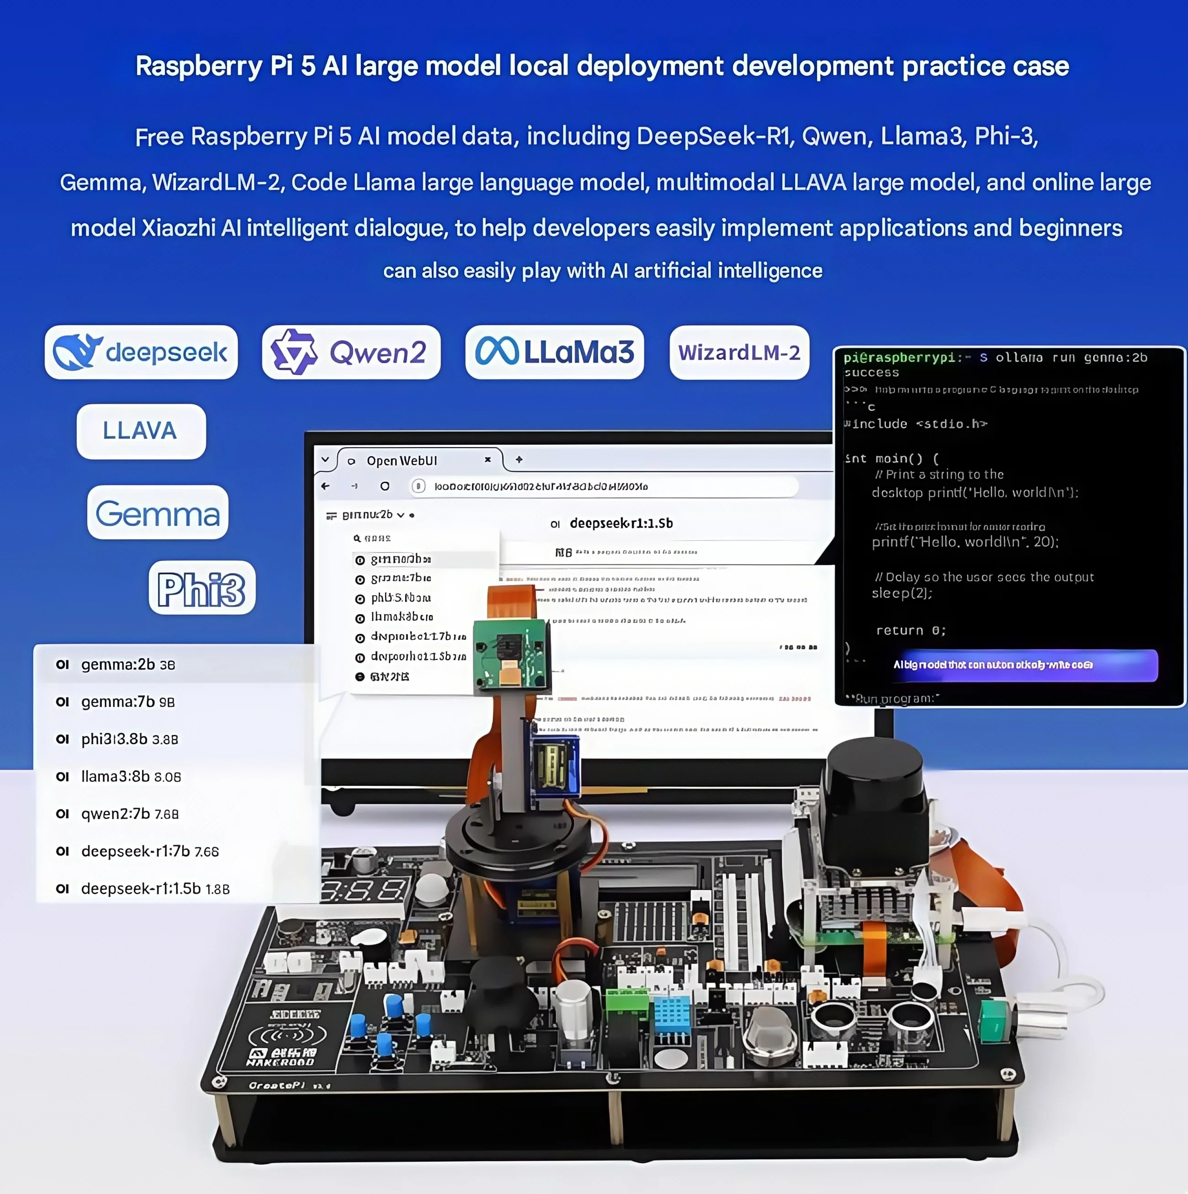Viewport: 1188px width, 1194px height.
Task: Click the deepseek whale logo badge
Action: pyautogui.click(x=141, y=352)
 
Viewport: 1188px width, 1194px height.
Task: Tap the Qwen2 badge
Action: pyautogui.click(x=351, y=352)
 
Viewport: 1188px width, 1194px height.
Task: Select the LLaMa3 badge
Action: pyautogui.click(x=554, y=352)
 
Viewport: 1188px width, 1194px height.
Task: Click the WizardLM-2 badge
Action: pyautogui.click(x=739, y=352)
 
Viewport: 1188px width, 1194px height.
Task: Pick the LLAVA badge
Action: pyautogui.click(x=141, y=431)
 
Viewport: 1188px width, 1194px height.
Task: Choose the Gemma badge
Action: pyautogui.click(x=158, y=512)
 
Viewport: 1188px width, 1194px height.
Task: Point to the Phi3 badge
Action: pyautogui.click(x=202, y=588)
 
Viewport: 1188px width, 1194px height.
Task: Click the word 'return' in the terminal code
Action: pyautogui.click(x=899, y=630)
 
